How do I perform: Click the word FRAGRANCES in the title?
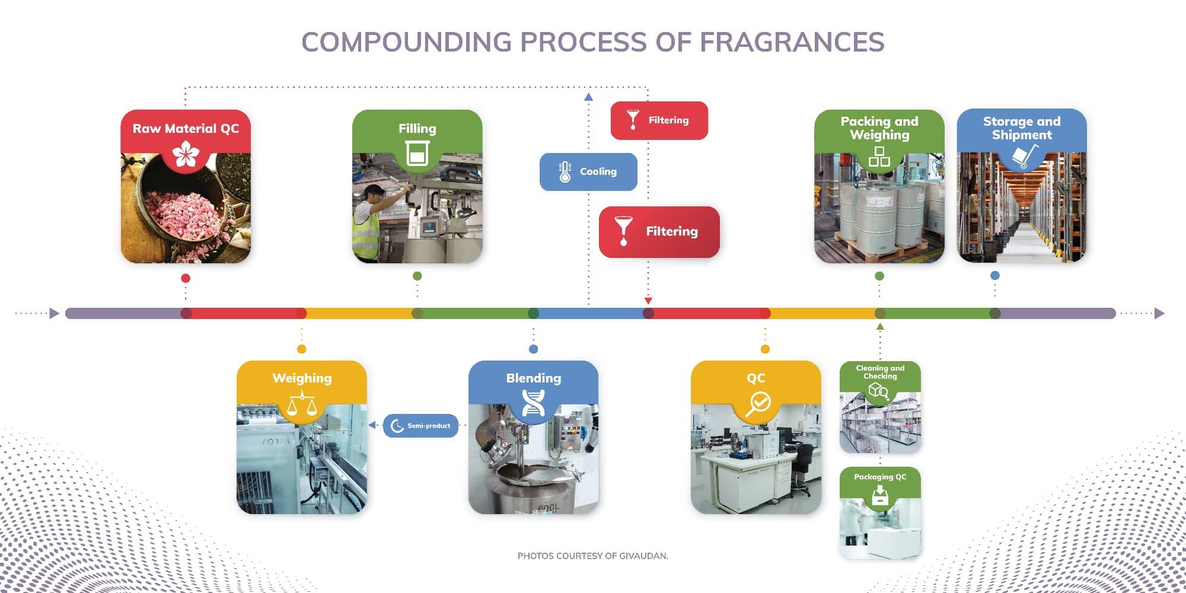pos(792,42)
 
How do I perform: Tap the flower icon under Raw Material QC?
pos(186,154)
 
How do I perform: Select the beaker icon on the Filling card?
pos(417,154)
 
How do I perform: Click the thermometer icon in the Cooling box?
pos(565,172)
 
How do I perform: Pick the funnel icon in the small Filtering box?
pos(633,119)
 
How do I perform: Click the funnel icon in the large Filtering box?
pos(623,231)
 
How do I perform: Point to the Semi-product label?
pos(429,426)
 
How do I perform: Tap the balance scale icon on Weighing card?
pos(302,404)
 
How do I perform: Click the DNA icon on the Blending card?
pos(533,403)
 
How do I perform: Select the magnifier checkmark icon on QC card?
pos(757,404)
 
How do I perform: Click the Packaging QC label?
pos(880,477)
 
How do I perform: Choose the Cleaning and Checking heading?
pos(880,372)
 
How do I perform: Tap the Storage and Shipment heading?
pos(1022,128)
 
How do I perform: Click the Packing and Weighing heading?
pos(879,128)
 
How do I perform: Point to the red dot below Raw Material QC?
pos(186,278)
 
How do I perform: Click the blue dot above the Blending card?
pos(533,349)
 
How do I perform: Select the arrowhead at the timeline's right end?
pos(1160,313)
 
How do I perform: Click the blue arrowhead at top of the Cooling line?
pos(588,97)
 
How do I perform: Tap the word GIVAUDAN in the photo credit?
pos(643,556)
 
